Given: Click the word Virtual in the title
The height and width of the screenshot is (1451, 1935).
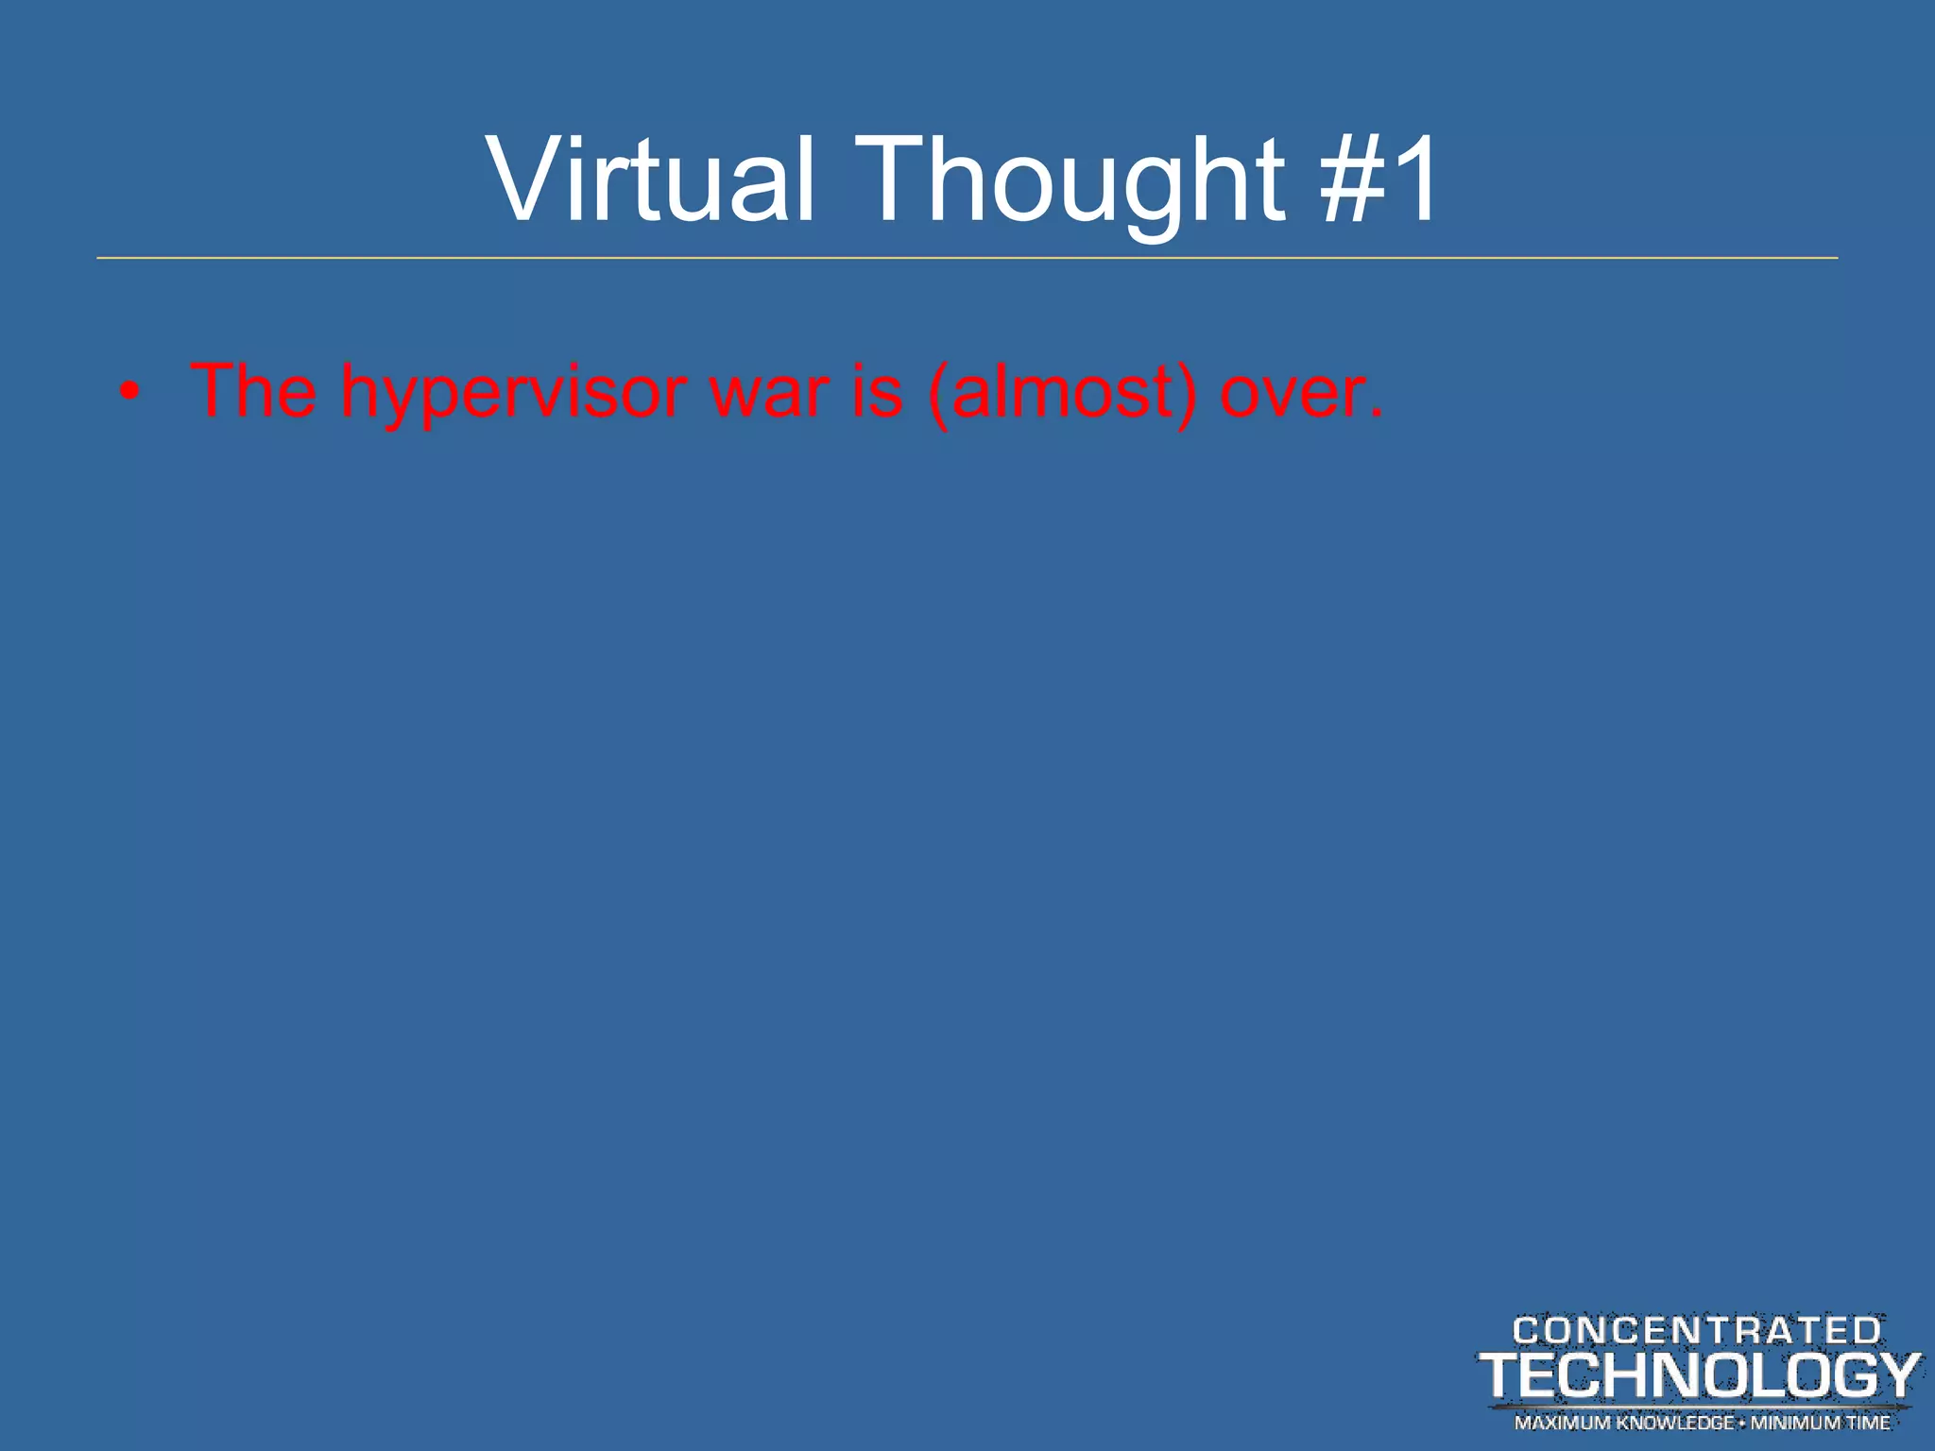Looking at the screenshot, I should tap(650, 179).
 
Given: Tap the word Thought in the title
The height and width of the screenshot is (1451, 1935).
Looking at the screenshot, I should tap(1073, 179).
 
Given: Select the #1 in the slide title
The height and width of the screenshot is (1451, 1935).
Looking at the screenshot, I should tap(1379, 179).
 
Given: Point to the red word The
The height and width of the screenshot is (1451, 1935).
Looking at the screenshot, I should tap(253, 390).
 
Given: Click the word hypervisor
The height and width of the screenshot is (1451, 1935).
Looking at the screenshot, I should tap(513, 392).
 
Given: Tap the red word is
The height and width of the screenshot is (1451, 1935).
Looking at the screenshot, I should tap(877, 390).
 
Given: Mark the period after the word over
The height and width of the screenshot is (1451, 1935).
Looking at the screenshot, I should tap(1376, 414).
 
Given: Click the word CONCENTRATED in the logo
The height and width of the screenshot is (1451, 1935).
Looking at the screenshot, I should tap(1697, 1331).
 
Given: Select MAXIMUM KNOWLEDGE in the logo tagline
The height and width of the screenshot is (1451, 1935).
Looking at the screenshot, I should tap(1623, 1423).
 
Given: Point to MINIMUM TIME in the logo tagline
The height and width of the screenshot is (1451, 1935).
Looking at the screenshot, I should tap(1820, 1423).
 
